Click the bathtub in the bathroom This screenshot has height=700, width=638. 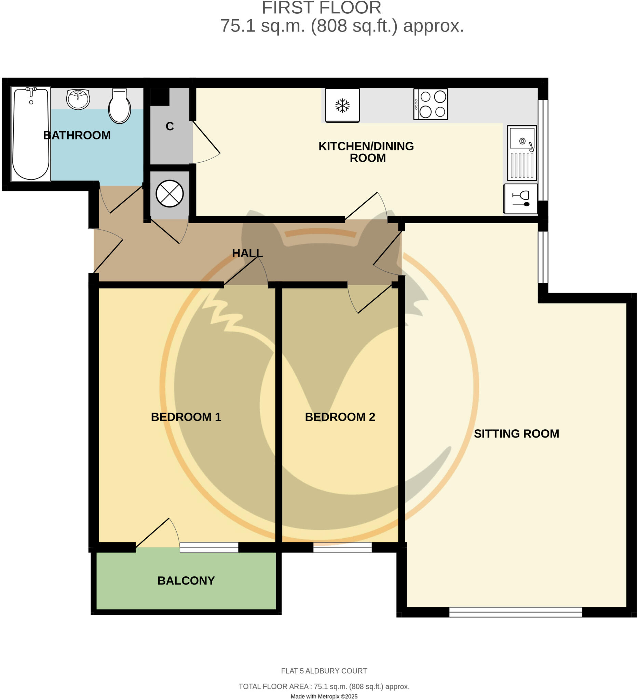(30, 134)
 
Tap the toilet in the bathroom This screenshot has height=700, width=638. (119, 106)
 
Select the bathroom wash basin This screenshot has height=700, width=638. (78, 99)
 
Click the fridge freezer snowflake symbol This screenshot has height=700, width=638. (342, 106)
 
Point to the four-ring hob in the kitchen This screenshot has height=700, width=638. (431, 104)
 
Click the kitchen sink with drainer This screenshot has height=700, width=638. (522, 153)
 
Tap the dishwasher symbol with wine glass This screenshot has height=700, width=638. (520, 199)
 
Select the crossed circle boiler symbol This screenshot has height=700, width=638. (169, 194)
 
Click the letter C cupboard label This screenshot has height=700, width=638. (169, 126)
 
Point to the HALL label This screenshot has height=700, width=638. (247, 253)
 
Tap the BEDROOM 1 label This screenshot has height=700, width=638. (186, 417)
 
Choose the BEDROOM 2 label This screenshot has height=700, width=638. (340, 417)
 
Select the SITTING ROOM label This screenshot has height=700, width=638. (516, 433)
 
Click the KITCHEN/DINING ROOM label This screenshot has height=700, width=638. (366, 152)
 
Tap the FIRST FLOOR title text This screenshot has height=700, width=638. (321, 8)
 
